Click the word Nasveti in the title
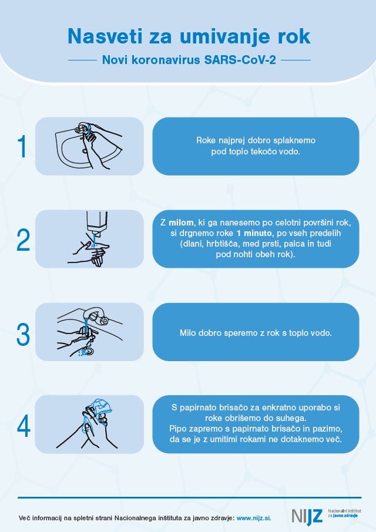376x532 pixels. (x=105, y=36)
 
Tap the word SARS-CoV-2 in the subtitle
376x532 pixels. (x=240, y=60)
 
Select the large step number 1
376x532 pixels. (x=22, y=146)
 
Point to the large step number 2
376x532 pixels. (x=23, y=240)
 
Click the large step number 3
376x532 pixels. (x=23, y=334)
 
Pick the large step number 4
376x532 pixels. (x=23, y=426)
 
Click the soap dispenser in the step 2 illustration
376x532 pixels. (x=97, y=224)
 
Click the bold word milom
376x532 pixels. (x=181, y=223)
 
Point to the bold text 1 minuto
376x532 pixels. (x=254, y=233)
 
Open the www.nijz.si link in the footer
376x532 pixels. (x=254, y=518)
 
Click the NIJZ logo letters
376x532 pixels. (x=307, y=516)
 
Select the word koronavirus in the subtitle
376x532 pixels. (x=166, y=60)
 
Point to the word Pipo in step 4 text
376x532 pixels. (x=177, y=429)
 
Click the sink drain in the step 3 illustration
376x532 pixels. (x=89, y=352)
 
